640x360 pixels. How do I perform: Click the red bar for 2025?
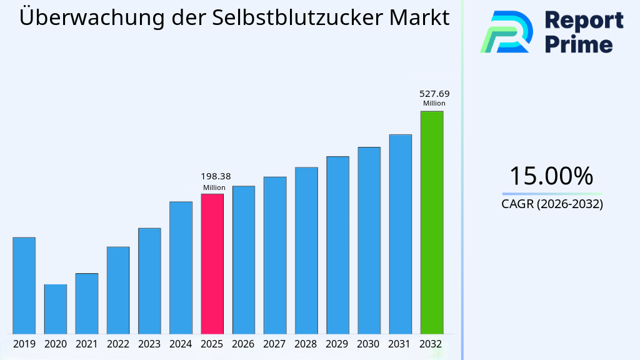(x=212, y=263)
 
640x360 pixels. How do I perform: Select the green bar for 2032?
(x=431, y=222)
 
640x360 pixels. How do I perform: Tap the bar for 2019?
(x=24, y=285)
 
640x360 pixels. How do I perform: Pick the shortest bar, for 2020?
(x=55, y=309)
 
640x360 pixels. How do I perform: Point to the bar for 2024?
(x=181, y=267)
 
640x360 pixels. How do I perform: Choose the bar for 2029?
(x=337, y=244)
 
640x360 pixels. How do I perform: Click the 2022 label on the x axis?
(x=118, y=344)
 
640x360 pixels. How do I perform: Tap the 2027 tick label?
(x=275, y=344)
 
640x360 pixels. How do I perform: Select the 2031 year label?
(x=400, y=344)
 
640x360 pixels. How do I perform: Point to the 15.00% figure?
(x=551, y=176)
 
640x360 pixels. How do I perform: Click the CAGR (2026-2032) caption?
(x=552, y=204)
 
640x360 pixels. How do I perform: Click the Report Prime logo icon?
(x=507, y=31)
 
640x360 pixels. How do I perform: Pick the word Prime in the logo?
(x=579, y=44)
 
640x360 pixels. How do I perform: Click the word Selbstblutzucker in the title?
(x=298, y=17)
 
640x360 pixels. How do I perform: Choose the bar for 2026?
(x=244, y=259)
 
